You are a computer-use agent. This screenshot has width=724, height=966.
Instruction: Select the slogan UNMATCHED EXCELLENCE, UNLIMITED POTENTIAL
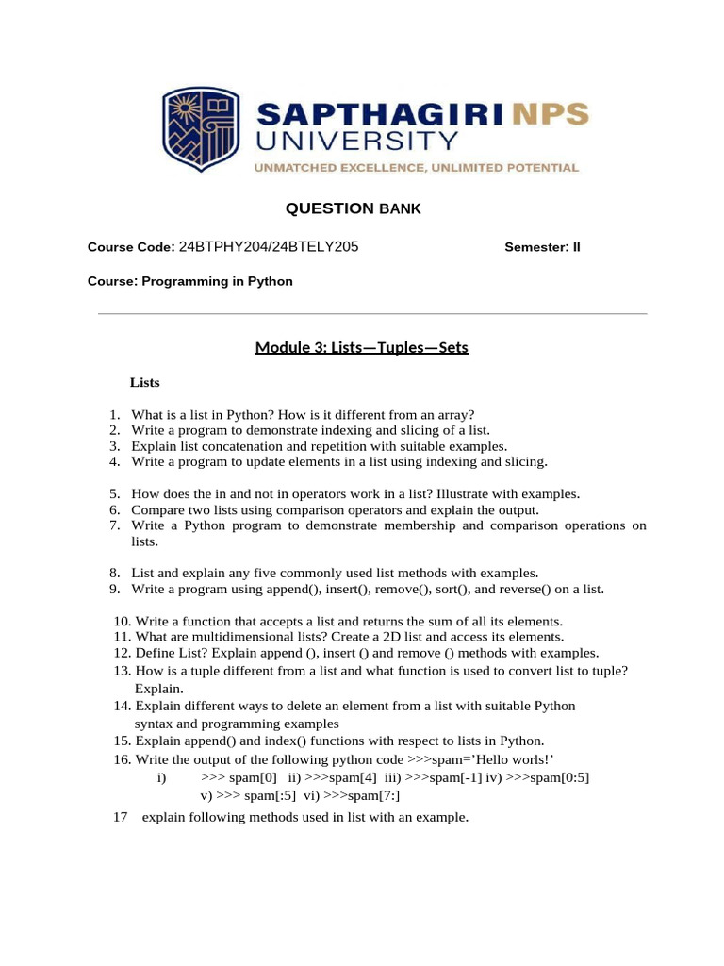pyautogui.click(x=415, y=168)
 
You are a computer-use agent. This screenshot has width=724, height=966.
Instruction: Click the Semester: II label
pyautogui.click(x=543, y=248)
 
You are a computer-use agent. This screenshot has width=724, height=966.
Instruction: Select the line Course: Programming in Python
pyautogui.click(x=190, y=281)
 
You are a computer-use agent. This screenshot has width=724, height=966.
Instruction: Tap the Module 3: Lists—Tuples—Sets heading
pyautogui.click(x=361, y=348)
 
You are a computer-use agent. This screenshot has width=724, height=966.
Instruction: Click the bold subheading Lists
pyautogui.click(x=145, y=383)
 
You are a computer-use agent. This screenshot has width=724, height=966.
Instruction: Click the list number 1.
pyautogui.click(x=113, y=414)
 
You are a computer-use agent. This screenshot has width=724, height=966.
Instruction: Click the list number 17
pyautogui.click(x=120, y=817)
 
